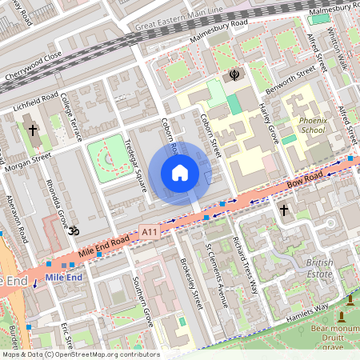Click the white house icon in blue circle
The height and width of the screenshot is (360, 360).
click(180, 173)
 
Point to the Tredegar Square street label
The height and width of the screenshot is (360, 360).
click(135, 167)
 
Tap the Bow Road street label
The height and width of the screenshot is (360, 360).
click(307, 180)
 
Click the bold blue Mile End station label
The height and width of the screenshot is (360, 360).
click(64, 277)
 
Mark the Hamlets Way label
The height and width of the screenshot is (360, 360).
click(310, 308)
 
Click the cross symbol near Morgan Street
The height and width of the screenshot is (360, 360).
click(33, 130)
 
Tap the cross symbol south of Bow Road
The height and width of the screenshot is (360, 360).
click(283, 210)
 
